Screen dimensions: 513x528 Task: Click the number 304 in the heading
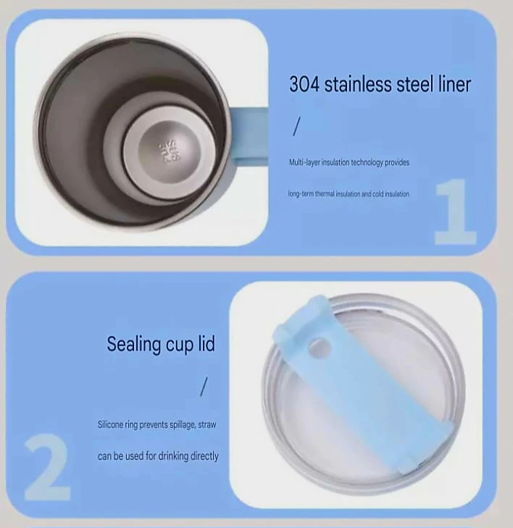click(x=304, y=84)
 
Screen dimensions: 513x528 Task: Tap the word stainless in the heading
click(x=357, y=84)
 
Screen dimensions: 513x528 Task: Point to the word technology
click(x=367, y=162)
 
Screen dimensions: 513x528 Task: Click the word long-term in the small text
click(x=301, y=193)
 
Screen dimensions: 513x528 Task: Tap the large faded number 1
click(x=455, y=211)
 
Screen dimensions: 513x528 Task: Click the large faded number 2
click(x=47, y=466)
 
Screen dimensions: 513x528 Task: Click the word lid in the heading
click(x=206, y=343)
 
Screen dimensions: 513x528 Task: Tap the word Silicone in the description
click(x=110, y=424)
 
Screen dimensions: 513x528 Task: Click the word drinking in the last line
click(x=173, y=456)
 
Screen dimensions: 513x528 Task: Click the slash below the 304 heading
click(x=296, y=126)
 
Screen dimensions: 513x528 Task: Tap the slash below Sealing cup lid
click(x=204, y=387)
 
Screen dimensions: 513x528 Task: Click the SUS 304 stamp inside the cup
click(x=170, y=152)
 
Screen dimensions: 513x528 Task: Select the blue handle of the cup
click(x=249, y=136)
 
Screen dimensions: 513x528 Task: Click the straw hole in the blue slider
click(x=317, y=348)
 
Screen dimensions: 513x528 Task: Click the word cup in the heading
click(x=178, y=345)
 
